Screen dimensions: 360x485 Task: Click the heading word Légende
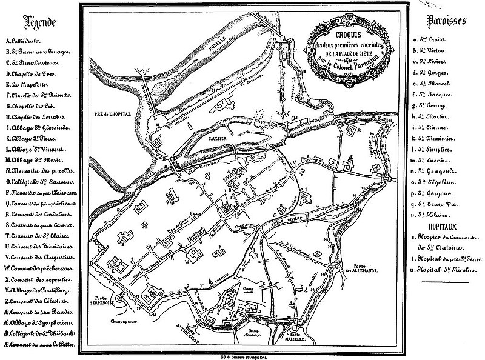point(39,22)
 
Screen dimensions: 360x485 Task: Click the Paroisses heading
point(446,21)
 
